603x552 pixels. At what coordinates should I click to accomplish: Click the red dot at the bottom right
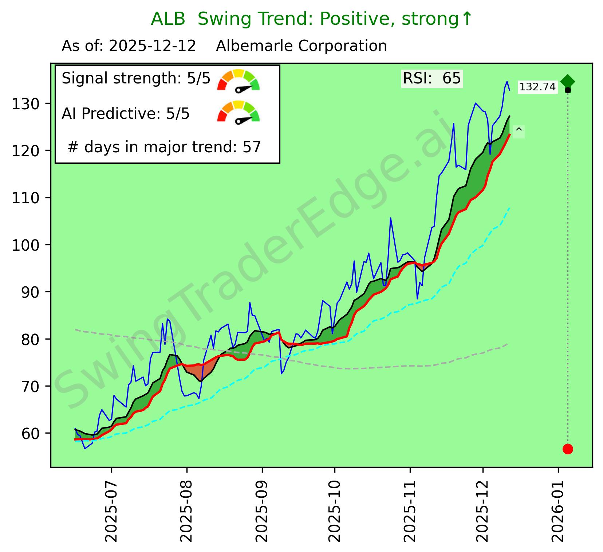tap(568, 449)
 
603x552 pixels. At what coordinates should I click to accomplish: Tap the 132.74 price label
tap(537, 87)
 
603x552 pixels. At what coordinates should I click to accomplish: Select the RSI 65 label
tap(432, 78)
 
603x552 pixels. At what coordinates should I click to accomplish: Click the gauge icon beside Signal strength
tap(238, 80)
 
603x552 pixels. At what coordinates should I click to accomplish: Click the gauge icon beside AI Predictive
tap(238, 112)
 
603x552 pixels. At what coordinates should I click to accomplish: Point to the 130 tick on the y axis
tap(31, 104)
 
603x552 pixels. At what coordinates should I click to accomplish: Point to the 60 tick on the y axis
tap(31, 433)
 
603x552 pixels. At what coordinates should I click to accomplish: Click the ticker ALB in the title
tap(168, 19)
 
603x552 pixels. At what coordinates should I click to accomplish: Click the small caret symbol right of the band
tap(519, 131)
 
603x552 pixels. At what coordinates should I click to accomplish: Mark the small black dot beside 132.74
tap(568, 90)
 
